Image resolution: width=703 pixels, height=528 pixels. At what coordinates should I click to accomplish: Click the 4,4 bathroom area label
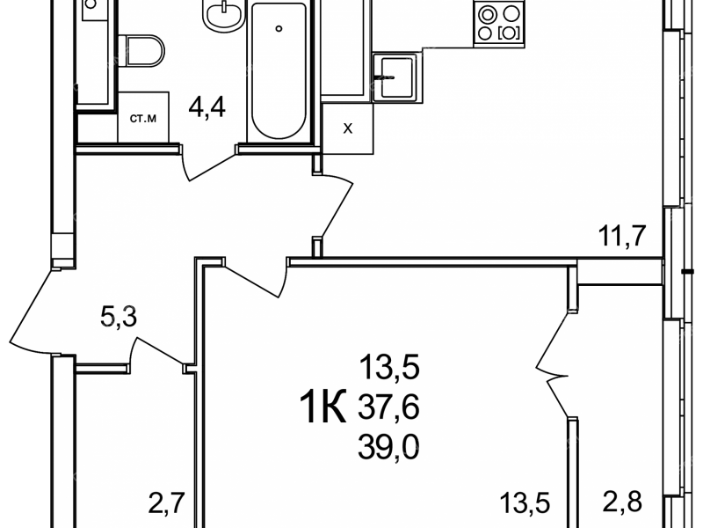(x=207, y=107)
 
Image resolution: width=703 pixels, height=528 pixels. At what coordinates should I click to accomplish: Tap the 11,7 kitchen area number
(x=622, y=235)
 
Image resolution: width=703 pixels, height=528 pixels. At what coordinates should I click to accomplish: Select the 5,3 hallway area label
(x=119, y=317)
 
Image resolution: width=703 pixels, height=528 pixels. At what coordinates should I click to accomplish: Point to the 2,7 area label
(x=166, y=502)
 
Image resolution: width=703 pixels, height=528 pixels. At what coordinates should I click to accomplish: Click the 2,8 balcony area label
(x=622, y=502)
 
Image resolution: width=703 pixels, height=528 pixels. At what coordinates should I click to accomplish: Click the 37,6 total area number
(x=388, y=407)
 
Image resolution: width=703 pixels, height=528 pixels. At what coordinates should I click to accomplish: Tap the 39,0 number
(x=388, y=448)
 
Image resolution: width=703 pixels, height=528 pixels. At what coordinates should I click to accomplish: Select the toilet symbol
(x=141, y=51)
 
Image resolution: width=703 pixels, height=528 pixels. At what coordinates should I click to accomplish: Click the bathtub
(x=279, y=70)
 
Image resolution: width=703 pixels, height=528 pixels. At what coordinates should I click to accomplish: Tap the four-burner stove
(x=499, y=23)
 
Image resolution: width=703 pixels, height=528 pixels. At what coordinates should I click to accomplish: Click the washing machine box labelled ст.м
(x=143, y=118)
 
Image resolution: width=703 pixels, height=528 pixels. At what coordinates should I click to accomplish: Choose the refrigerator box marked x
(x=347, y=128)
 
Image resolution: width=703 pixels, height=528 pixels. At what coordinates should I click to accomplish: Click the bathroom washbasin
(x=223, y=13)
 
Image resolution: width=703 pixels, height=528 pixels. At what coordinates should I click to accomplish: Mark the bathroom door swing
(x=209, y=163)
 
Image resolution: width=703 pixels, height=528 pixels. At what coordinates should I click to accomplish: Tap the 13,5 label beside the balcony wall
(x=525, y=502)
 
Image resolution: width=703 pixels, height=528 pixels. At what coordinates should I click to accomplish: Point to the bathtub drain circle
(x=279, y=28)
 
